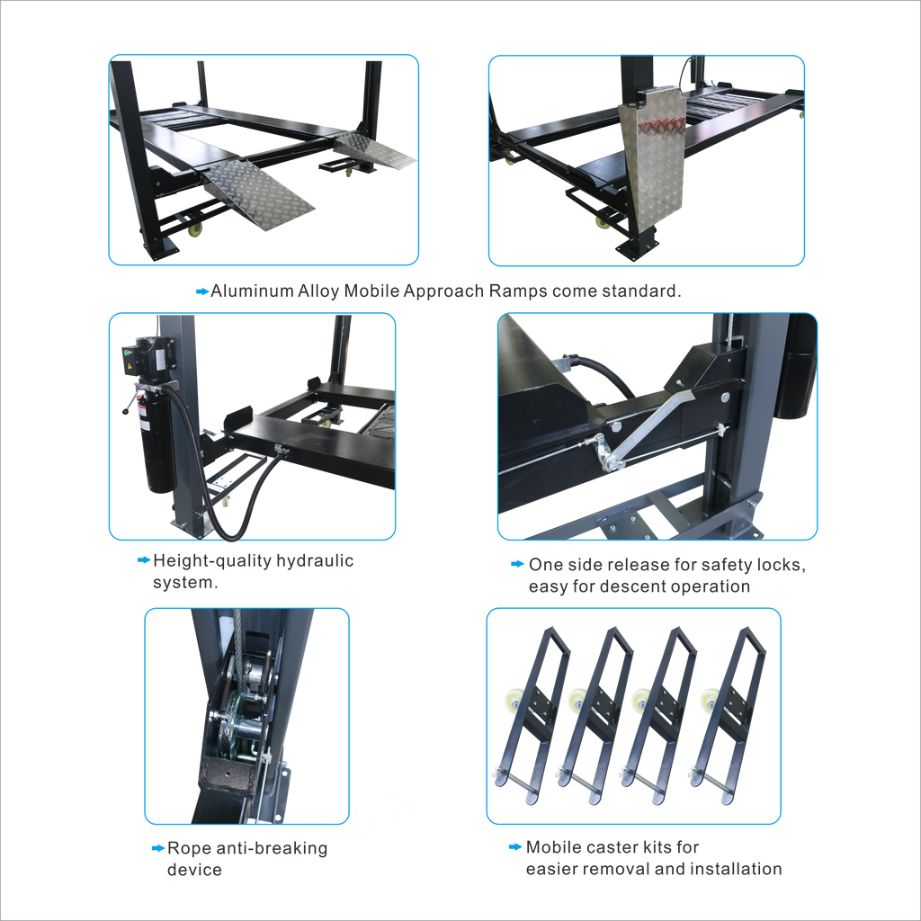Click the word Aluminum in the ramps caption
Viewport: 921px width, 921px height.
tap(252, 291)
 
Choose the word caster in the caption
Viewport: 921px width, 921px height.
tap(613, 847)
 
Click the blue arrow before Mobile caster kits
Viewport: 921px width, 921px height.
tap(515, 847)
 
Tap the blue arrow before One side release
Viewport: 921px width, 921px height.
tap(517, 564)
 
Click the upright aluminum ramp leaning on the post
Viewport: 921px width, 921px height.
tap(653, 156)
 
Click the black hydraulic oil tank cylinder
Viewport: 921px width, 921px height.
tap(157, 439)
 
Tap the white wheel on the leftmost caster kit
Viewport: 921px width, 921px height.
tap(512, 700)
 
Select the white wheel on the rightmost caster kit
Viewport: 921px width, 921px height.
tap(709, 699)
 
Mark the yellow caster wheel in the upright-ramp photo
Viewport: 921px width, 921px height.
tap(602, 222)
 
